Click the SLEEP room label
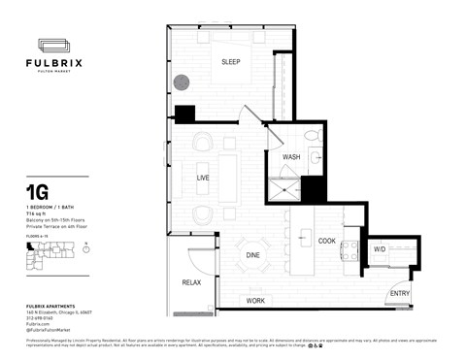coord(230,62)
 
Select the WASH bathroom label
coord(290,157)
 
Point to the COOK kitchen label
coord(326,241)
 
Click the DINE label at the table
coord(251,255)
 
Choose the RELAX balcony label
coord(190,282)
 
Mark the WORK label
coord(255,301)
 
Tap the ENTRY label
coord(399,293)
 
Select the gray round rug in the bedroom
coord(182,84)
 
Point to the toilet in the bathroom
coord(310,136)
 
